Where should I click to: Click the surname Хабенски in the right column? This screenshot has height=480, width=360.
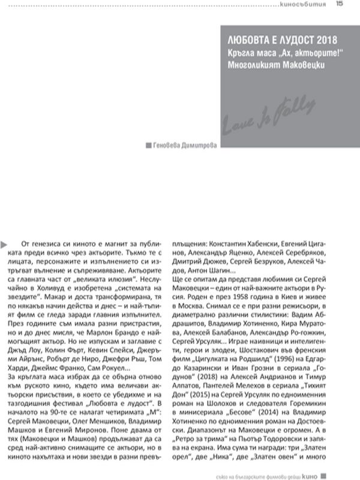pyautogui.click(x=272, y=245)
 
